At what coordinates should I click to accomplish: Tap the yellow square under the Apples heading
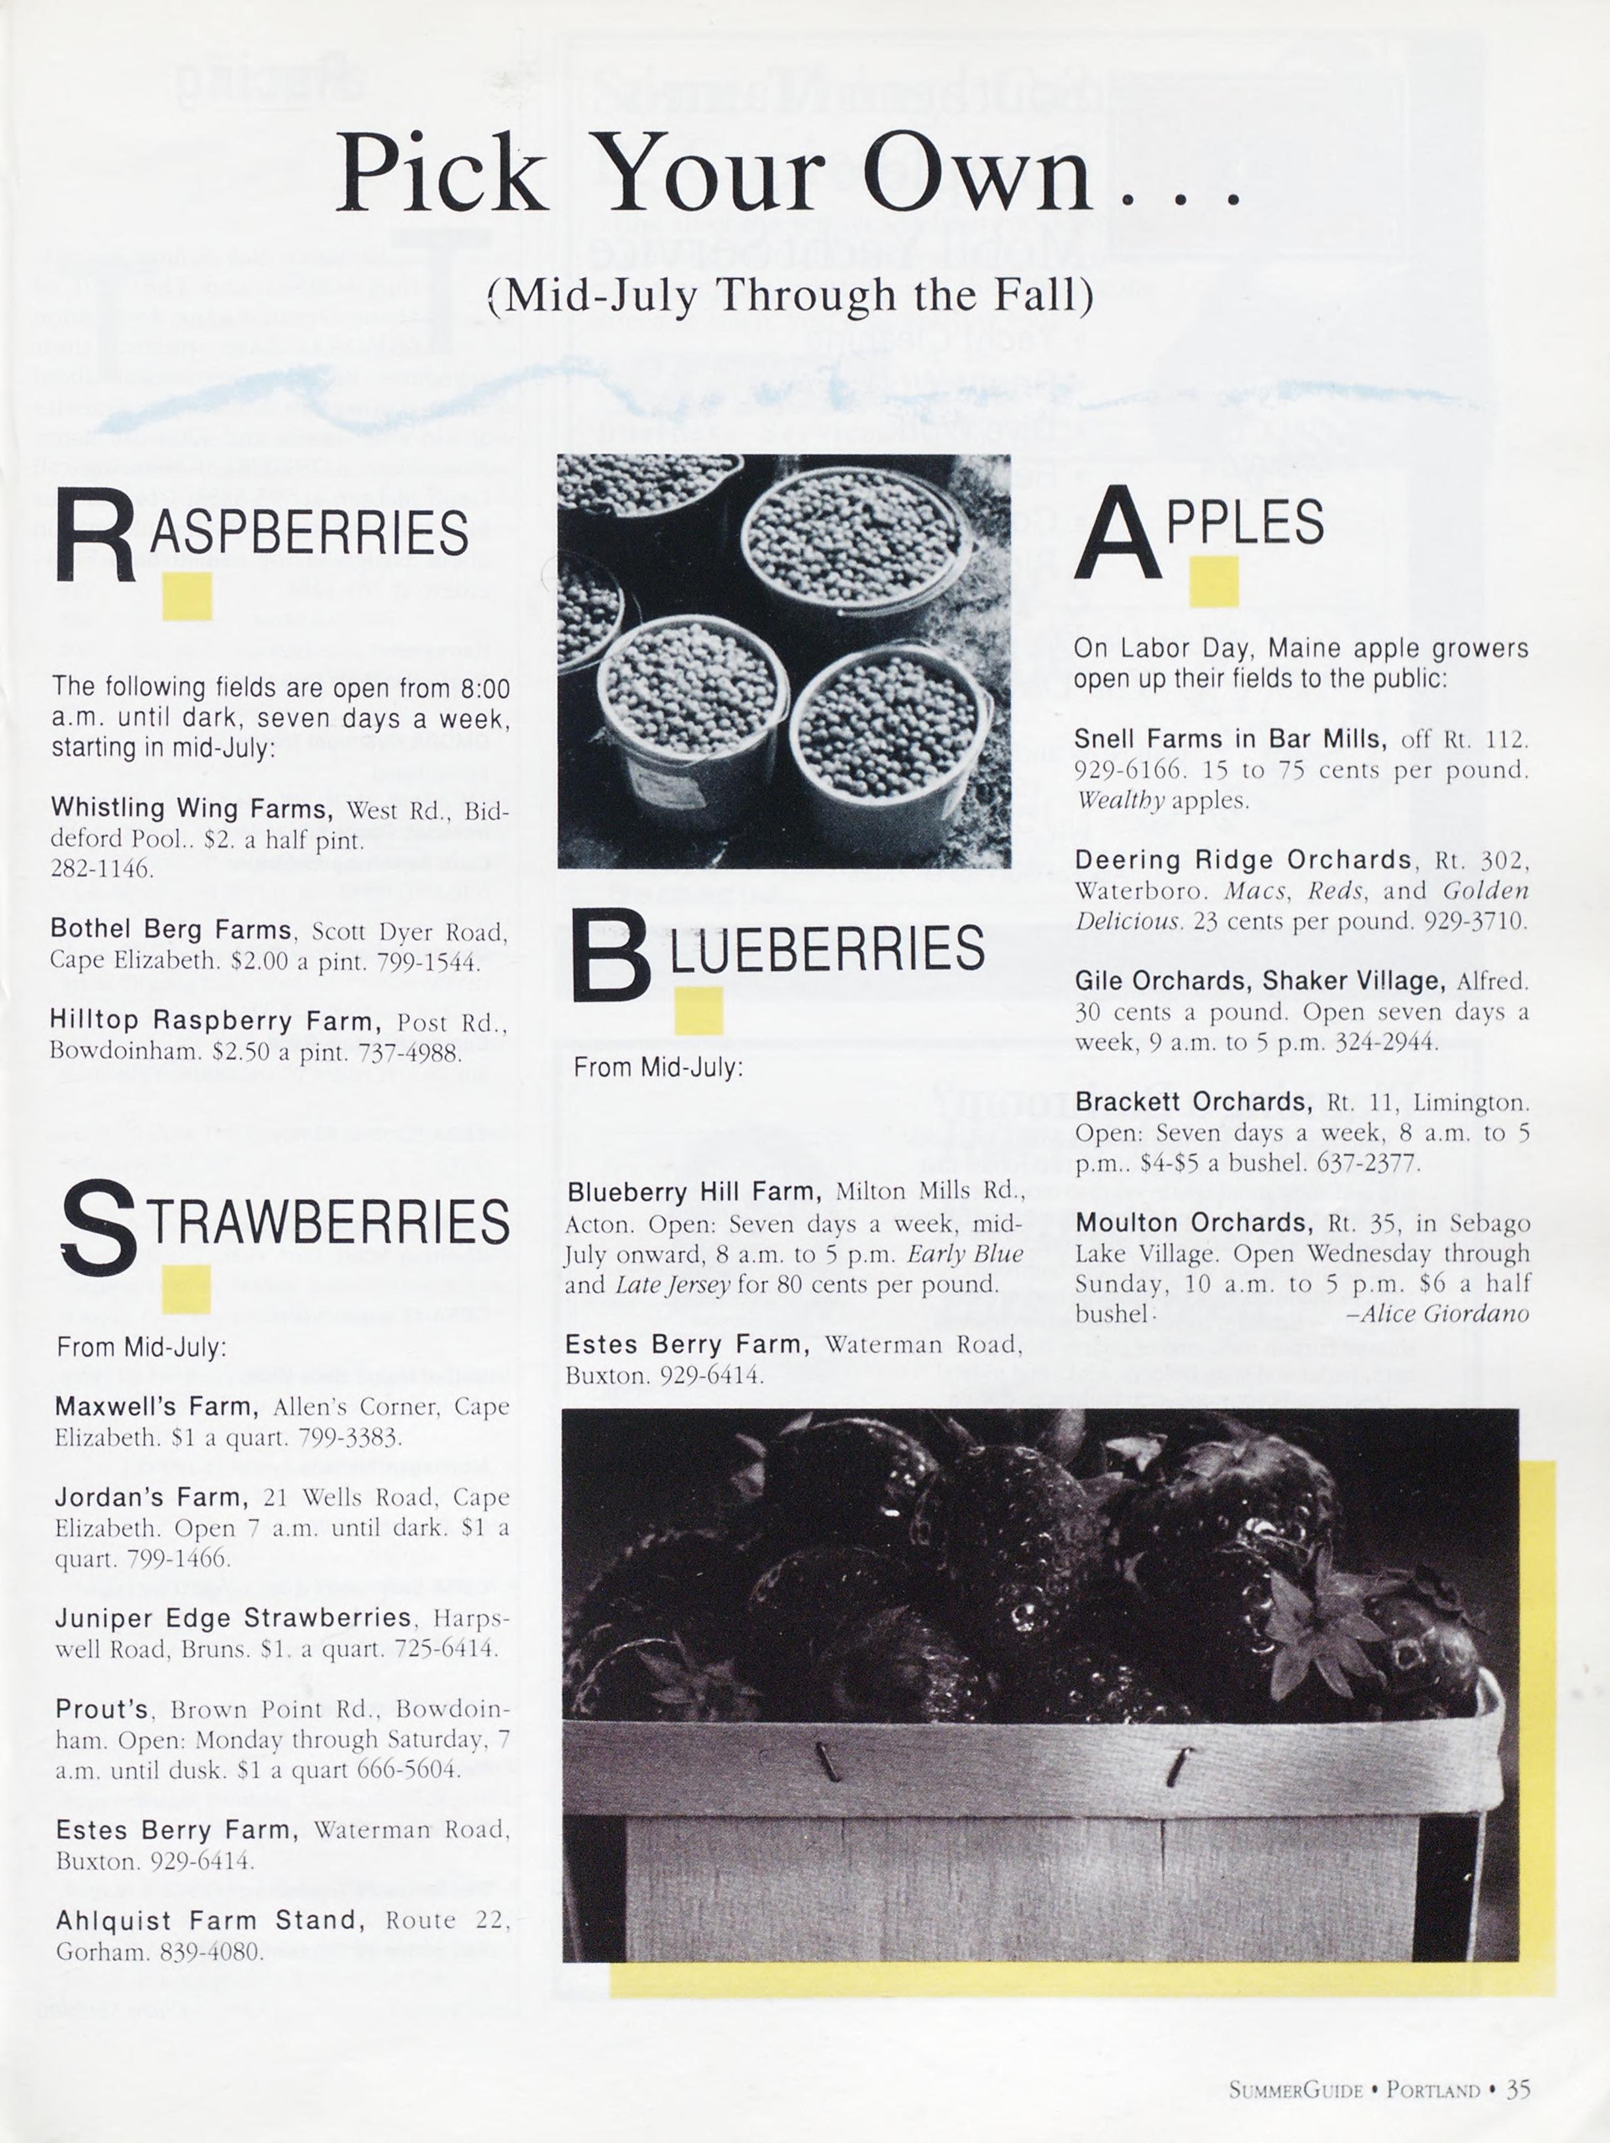point(1213,581)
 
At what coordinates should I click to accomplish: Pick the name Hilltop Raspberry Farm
point(210,1020)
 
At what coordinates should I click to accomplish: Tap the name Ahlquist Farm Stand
point(209,1920)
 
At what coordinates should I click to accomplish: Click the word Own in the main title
point(978,175)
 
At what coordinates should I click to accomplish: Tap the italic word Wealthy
point(1119,800)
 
